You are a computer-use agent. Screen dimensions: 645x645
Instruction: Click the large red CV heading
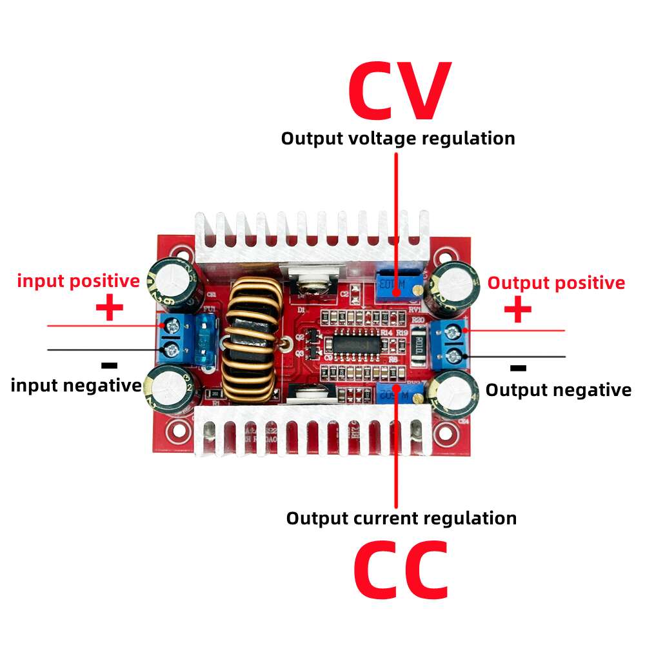(x=398, y=92)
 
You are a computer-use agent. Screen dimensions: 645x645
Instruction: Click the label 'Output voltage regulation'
(x=398, y=138)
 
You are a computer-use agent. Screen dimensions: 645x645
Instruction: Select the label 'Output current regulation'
(x=401, y=518)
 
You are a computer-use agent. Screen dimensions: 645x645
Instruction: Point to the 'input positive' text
(x=78, y=281)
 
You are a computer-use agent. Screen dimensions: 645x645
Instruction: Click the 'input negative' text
(x=76, y=386)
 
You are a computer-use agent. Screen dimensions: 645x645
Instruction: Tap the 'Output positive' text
(x=555, y=283)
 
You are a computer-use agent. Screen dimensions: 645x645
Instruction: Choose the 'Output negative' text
(x=558, y=390)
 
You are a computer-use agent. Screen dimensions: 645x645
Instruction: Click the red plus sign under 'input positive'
(x=110, y=308)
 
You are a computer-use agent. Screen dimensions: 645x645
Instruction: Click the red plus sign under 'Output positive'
(x=517, y=310)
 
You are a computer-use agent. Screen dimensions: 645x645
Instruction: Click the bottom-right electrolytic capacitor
(x=455, y=393)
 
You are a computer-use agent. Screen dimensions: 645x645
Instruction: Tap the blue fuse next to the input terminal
(x=208, y=340)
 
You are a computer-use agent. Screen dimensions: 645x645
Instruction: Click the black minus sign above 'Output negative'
(x=518, y=368)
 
